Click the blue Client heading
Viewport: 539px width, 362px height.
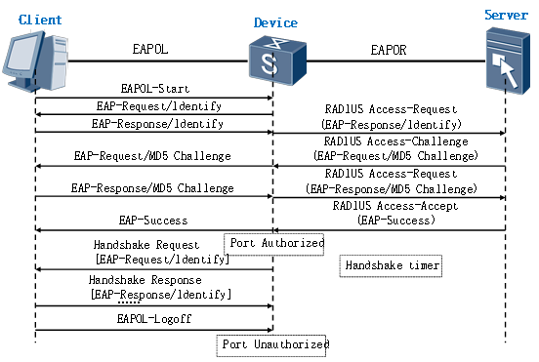pyautogui.click(x=40, y=20)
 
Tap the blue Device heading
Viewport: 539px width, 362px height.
pyautogui.click(x=275, y=22)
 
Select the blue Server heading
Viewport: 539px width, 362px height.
pyautogui.click(x=506, y=15)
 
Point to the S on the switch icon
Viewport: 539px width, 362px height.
pyautogui.click(x=269, y=63)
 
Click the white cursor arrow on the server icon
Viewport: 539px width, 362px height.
pyautogui.click(x=505, y=69)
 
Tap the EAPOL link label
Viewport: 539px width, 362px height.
pyautogui.click(x=150, y=49)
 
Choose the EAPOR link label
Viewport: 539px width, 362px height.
pyautogui.click(x=389, y=50)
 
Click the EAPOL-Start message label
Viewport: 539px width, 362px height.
pyautogui.click(x=155, y=89)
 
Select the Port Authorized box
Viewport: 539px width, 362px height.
pyautogui.click(x=274, y=244)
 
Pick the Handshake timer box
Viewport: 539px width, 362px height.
pyautogui.click(x=391, y=265)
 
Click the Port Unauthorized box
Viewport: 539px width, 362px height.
pyautogui.click(x=271, y=345)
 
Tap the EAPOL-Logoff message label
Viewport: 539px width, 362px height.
pyautogui.click(x=154, y=319)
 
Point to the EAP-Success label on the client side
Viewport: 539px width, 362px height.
pyautogui.click(x=153, y=221)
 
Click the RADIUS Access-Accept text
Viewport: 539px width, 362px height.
pyautogui.click(x=395, y=206)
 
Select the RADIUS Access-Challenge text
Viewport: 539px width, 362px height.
pyautogui.click(x=396, y=141)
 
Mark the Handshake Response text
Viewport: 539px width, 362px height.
pyautogui.click(x=145, y=280)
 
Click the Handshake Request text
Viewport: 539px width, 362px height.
pyautogui.click(x=146, y=245)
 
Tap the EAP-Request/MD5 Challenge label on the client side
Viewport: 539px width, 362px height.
pyautogui.click(x=152, y=156)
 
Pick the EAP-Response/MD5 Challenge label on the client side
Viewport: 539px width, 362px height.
pyautogui.click(x=152, y=188)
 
